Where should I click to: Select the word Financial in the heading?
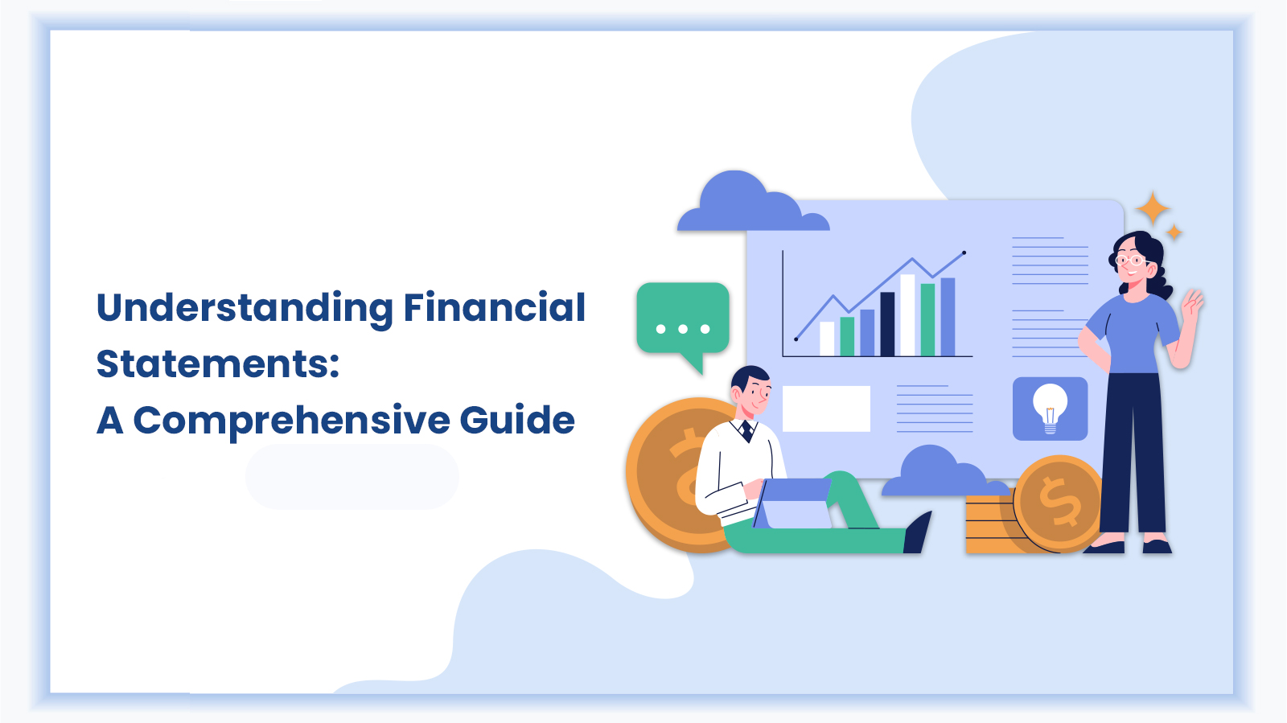tap(495, 307)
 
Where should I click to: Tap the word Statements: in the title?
tap(218, 364)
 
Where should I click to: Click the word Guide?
tap(517, 420)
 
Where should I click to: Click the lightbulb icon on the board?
tap(1051, 409)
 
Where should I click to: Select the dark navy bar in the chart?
tap(888, 324)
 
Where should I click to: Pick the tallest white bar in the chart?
tap(908, 315)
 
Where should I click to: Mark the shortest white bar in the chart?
tap(827, 339)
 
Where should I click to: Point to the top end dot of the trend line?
tap(964, 253)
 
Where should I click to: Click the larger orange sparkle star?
tap(1153, 208)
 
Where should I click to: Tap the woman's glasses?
tap(1130, 261)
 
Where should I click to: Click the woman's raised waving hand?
tap(1192, 303)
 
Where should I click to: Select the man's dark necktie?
tap(746, 431)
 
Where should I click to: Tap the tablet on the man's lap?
tap(793, 503)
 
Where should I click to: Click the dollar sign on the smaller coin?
tap(1060, 501)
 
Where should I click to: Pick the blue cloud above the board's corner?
tap(753, 201)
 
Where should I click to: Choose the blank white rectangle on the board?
tap(826, 409)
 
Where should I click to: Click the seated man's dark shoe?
tap(918, 533)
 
